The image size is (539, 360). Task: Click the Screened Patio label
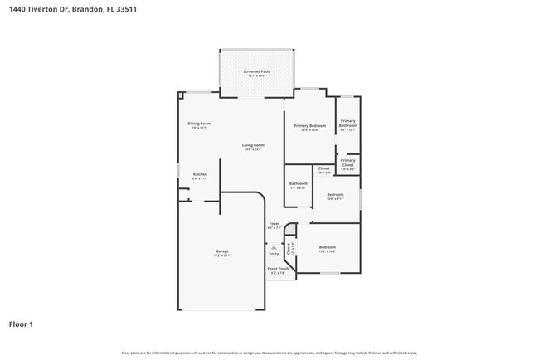tap(256, 72)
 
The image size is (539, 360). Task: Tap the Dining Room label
tap(199, 124)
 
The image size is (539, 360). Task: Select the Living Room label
tap(253, 145)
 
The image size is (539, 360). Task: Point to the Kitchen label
tap(199, 174)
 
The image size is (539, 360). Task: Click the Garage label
tap(222, 251)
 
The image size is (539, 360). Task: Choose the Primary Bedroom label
tap(309, 126)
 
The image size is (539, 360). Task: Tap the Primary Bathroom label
tap(347, 124)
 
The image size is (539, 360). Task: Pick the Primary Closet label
tap(347, 163)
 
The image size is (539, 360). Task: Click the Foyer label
tap(274, 223)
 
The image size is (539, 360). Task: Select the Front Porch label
tap(277, 269)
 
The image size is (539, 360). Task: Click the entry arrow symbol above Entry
tap(273, 246)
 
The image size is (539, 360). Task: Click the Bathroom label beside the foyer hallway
tap(298, 183)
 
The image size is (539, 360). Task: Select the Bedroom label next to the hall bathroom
tap(335, 195)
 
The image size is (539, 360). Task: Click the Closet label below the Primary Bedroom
tap(323, 168)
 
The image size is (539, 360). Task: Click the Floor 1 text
tap(21, 324)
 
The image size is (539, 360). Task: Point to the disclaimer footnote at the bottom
tap(269, 354)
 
